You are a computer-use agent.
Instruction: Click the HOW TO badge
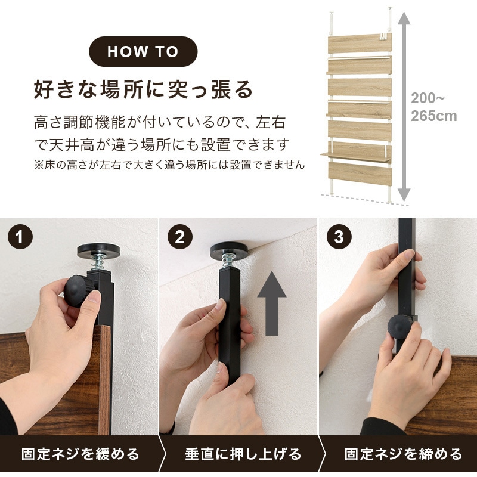click(x=143, y=51)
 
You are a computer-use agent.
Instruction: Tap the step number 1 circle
click(x=20, y=236)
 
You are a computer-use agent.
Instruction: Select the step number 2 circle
click(x=180, y=236)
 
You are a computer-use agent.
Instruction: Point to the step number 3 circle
click(x=339, y=236)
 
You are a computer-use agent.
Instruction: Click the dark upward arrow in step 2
click(x=272, y=303)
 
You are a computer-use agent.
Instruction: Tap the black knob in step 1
click(x=77, y=291)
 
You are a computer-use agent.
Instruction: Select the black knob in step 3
click(x=400, y=327)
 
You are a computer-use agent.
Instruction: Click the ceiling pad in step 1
click(x=98, y=250)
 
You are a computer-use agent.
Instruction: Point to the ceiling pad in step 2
click(x=230, y=249)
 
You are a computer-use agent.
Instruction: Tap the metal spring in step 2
click(x=229, y=261)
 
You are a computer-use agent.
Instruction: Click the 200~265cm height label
click(x=434, y=107)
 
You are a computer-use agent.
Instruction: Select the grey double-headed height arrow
click(x=404, y=107)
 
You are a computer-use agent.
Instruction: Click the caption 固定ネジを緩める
click(x=80, y=454)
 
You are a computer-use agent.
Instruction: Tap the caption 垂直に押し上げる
click(x=243, y=454)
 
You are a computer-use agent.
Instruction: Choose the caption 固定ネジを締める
click(x=404, y=454)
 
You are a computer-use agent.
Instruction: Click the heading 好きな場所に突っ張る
click(x=143, y=89)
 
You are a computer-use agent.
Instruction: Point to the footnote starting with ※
click(x=169, y=165)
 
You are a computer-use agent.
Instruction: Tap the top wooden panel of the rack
click(x=360, y=44)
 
